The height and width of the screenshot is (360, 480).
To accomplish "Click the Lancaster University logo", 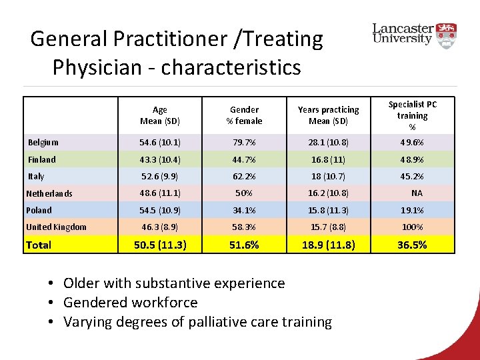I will pyautogui.click(x=414, y=34).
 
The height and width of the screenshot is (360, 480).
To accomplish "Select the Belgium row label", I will pyautogui.click(x=43, y=142).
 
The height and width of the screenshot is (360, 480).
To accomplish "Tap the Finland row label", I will pyautogui.click(x=42, y=159).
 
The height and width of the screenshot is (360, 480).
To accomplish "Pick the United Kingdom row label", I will pyautogui.click(x=56, y=227).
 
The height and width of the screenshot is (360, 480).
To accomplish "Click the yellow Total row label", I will pyautogui.click(x=39, y=245).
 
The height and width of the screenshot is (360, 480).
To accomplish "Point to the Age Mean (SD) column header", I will pyautogui.click(x=160, y=115).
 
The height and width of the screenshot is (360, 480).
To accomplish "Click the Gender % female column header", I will pyautogui.click(x=245, y=115).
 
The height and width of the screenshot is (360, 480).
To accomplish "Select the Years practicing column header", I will pyautogui.click(x=328, y=115).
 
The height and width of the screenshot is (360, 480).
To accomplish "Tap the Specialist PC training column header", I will pyautogui.click(x=413, y=115).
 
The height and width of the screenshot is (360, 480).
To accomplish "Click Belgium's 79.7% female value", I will pyautogui.click(x=245, y=142).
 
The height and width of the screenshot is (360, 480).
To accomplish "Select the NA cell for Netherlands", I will pyautogui.click(x=417, y=193).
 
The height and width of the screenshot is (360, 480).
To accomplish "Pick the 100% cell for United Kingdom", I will pyautogui.click(x=412, y=227).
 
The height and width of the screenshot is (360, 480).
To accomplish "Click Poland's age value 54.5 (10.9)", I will pyautogui.click(x=160, y=210).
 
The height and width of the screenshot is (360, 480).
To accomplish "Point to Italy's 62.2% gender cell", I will pyautogui.click(x=245, y=177).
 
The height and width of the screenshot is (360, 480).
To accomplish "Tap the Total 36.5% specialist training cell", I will pyautogui.click(x=412, y=245).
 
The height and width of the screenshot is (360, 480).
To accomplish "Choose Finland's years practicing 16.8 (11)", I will pyautogui.click(x=328, y=159).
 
